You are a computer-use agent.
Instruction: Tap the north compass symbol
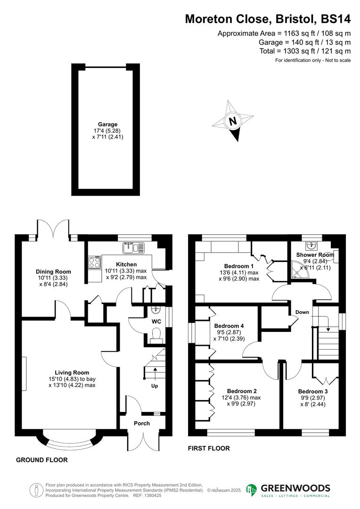pyautogui.click(x=232, y=121)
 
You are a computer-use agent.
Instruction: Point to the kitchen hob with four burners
pyautogui.click(x=94, y=262)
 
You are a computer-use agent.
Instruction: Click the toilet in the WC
pyautogui.click(x=155, y=335)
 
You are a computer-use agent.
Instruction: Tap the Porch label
pyautogui.click(x=142, y=423)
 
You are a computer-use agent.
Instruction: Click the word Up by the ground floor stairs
pyautogui.click(x=154, y=386)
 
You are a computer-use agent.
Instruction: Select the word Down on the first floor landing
pyautogui.click(x=302, y=312)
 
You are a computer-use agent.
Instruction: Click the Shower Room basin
pyautogui.click(x=311, y=246)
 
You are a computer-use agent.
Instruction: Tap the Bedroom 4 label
pyautogui.click(x=229, y=326)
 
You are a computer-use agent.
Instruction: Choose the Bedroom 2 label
pyautogui.click(x=242, y=391)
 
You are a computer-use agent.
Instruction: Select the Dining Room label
pyautogui.click(x=54, y=271)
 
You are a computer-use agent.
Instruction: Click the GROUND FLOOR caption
pyautogui.click(x=42, y=460)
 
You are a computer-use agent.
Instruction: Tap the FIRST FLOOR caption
pyautogui.click(x=209, y=448)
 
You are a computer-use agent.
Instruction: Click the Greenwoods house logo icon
pyautogui.click(x=252, y=490)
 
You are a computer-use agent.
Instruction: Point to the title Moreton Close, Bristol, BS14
pyautogui.click(x=268, y=19)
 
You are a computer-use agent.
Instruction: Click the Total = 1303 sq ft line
pyautogui.click(x=305, y=51)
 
